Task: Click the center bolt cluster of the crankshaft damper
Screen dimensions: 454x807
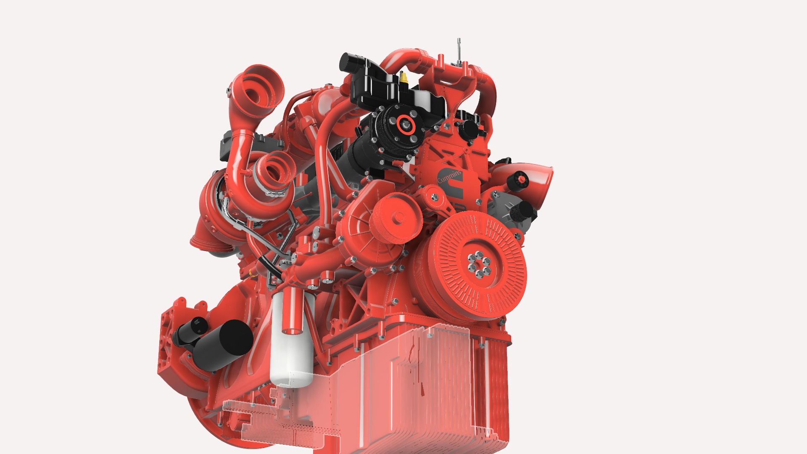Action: coord(479,264)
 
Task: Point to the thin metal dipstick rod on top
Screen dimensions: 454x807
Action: coord(459,50)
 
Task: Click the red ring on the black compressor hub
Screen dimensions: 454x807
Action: coord(406,124)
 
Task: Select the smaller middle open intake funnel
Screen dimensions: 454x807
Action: coord(275,170)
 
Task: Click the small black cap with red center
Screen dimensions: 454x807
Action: coord(519,180)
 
